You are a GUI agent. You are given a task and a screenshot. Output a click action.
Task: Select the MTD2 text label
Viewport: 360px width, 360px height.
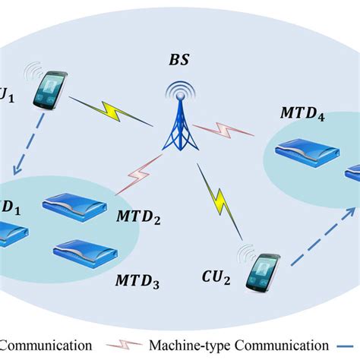(138, 218)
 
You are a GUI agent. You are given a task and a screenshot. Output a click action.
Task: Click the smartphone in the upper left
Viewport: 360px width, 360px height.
(52, 89)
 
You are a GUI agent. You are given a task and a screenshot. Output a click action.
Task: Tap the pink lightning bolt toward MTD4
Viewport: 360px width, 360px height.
(228, 130)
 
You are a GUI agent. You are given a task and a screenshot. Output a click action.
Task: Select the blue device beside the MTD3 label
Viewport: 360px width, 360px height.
(84, 252)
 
